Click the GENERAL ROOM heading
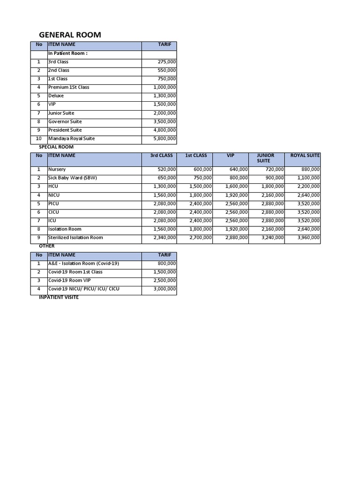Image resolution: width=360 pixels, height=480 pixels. point(69,35)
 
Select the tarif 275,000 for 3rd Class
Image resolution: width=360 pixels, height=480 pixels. point(167,62)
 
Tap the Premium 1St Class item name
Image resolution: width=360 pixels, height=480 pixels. point(68,87)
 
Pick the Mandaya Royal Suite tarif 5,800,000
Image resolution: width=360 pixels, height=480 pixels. point(165,139)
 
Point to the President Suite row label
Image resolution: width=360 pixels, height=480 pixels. point(65,130)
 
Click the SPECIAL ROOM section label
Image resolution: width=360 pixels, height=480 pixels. point(56,147)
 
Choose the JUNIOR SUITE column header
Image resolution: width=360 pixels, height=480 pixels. point(265,158)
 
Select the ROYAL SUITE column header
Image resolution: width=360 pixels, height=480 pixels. point(305,156)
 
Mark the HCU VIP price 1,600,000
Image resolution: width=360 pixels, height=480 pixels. point(237,187)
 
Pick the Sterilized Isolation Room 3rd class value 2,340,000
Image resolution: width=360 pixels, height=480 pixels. point(165,238)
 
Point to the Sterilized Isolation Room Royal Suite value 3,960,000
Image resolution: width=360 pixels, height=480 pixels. point(308,238)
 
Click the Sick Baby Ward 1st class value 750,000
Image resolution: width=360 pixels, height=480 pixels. point(202,178)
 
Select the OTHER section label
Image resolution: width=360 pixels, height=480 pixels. point(46,246)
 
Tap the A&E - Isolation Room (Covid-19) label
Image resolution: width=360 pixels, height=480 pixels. point(83,263)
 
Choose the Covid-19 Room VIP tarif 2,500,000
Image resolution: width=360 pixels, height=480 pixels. point(165,280)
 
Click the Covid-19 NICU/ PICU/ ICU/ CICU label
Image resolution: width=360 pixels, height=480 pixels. point(83,289)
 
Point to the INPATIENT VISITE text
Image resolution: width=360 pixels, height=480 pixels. point(59,298)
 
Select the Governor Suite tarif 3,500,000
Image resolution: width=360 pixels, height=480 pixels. point(165,121)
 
